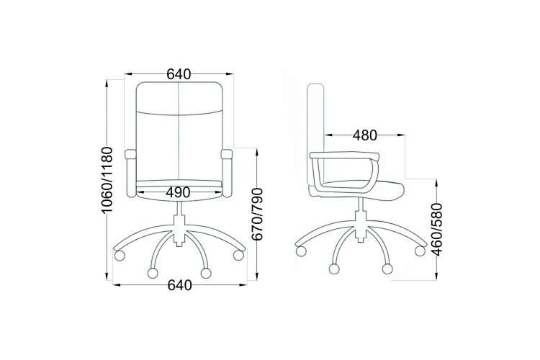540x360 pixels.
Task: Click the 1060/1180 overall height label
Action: [x=107, y=180]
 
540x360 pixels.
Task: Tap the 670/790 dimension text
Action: [x=258, y=215]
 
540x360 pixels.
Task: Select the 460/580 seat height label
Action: [x=437, y=230]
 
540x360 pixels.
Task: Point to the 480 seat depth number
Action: [x=365, y=136]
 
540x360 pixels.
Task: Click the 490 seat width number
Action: [x=178, y=192]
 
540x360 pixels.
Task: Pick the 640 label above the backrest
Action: [x=179, y=74]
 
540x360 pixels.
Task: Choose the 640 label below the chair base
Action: [x=180, y=285]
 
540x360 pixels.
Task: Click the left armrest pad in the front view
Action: [x=130, y=153]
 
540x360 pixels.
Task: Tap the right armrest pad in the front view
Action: [x=227, y=153]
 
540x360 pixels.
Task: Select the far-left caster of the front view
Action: [x=120, y=256]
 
